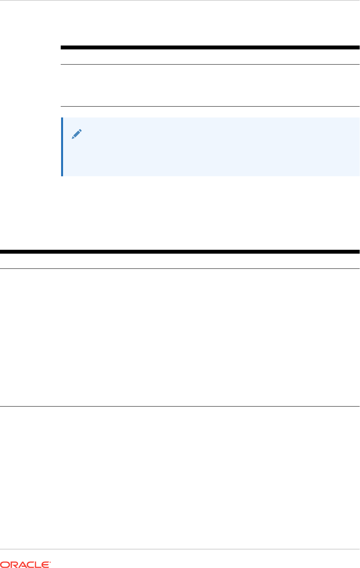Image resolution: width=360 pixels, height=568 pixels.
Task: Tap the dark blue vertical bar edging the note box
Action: tap(62, 147)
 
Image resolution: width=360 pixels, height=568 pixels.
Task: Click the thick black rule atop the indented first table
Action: tap(210, 47)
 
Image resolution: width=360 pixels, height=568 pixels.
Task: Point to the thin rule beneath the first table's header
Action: tap(210, 64)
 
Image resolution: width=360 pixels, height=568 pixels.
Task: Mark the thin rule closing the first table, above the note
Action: tap(210, 106)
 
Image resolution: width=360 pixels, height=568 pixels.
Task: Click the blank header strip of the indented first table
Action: tap(210, 57)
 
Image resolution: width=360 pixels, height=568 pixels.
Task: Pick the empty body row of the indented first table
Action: tap(210, 85)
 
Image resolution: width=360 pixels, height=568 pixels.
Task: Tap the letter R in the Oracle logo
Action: tap(13, 564)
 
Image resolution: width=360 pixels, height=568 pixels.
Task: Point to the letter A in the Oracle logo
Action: tap(22, 564)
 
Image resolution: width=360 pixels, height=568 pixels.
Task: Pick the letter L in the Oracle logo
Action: tap(39, 564)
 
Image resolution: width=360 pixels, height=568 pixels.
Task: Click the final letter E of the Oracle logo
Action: tap(46, 564)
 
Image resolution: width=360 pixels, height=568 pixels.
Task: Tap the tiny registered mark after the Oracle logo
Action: tap(50, 562)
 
